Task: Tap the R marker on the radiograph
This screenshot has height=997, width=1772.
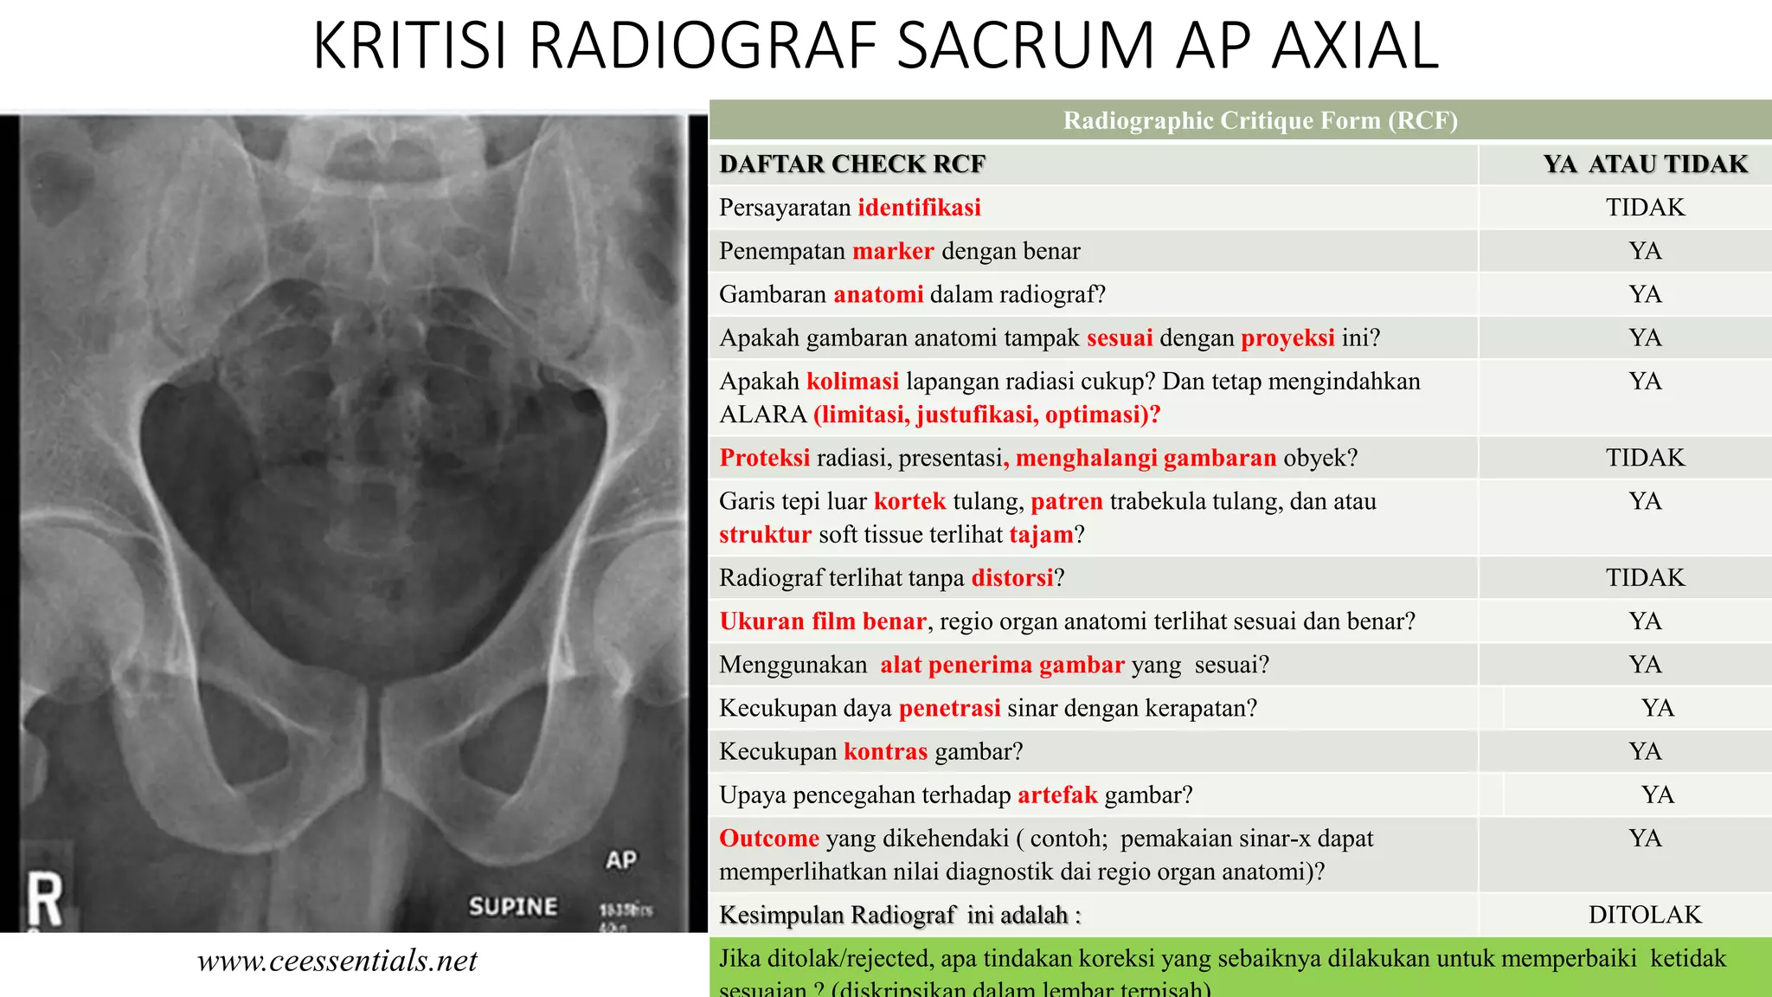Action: pyautogui.click(x=45, y=900)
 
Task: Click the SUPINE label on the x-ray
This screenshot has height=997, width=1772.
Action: pyautogui.click(x=513, y=906)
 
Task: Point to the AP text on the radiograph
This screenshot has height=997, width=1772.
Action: pyautogui.click(x=620, y=860)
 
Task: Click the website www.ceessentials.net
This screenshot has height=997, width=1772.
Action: pyautogui.click(x=337, y=961)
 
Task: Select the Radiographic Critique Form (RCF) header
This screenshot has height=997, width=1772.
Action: pyautogui.click(x=1260, y=120)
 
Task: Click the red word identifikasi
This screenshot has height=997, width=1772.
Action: pyautogui.click(x=919, y=208)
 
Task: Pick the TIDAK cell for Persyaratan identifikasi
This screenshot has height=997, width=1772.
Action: pyautogui.click(x=1645, y=208)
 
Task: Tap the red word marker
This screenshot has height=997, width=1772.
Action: pyautogui.click(x=893, y=251)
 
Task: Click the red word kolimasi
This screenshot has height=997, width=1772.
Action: pyautogui.click(x=852, y=381)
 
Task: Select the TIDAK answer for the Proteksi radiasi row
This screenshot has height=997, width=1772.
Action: pyautogui.click(x=1645, y=458)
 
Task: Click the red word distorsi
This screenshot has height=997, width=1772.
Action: pyautogui.click(x=1012, y=578)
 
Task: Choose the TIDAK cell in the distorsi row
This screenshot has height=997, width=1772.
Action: pyautogui.click(x=1645, y=578)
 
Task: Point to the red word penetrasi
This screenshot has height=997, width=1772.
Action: pyautogui.click(x=949, y=708)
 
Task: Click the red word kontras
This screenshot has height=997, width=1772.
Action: pyautogui.click(x=885, y=751)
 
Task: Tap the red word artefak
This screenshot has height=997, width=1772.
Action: pyautogui.click(x=1056, y=794)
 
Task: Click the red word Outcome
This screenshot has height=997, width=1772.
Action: pyautogui.click(x=769, y=838)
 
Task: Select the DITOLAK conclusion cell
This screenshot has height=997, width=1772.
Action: pyautogui.click(x=1645, y=915)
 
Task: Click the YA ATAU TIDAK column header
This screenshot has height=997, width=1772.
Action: pyautogui.click(x=1645, y=164)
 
